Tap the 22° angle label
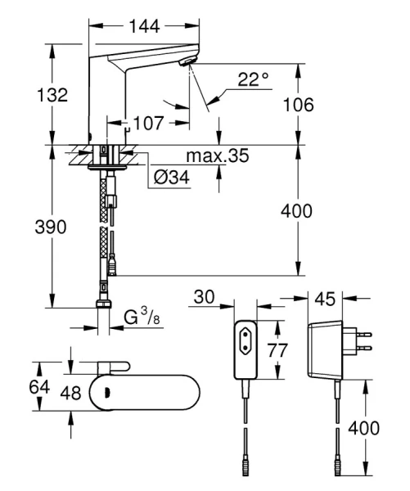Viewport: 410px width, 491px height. coord(253,79)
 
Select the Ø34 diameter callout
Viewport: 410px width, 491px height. coord(172,177)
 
